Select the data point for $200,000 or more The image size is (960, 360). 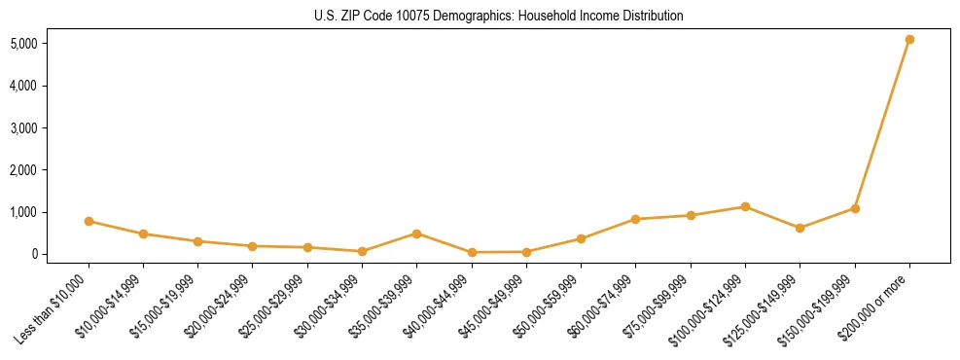(x=909, y=40)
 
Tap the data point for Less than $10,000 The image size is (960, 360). (x=89, y=222)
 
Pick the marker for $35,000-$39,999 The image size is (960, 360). (x=416, y=234)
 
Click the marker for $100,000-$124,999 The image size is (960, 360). (x=745, y=207)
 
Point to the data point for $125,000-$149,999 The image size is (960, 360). (x=800, y=229)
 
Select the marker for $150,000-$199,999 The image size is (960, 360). (x=855, y=208)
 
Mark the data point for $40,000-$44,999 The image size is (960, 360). (x=472, y=252)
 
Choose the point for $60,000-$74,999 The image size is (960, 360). (x=635, y=220)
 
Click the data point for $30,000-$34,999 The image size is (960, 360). (x=362, y=251)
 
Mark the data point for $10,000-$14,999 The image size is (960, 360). (x=143, y=234)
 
